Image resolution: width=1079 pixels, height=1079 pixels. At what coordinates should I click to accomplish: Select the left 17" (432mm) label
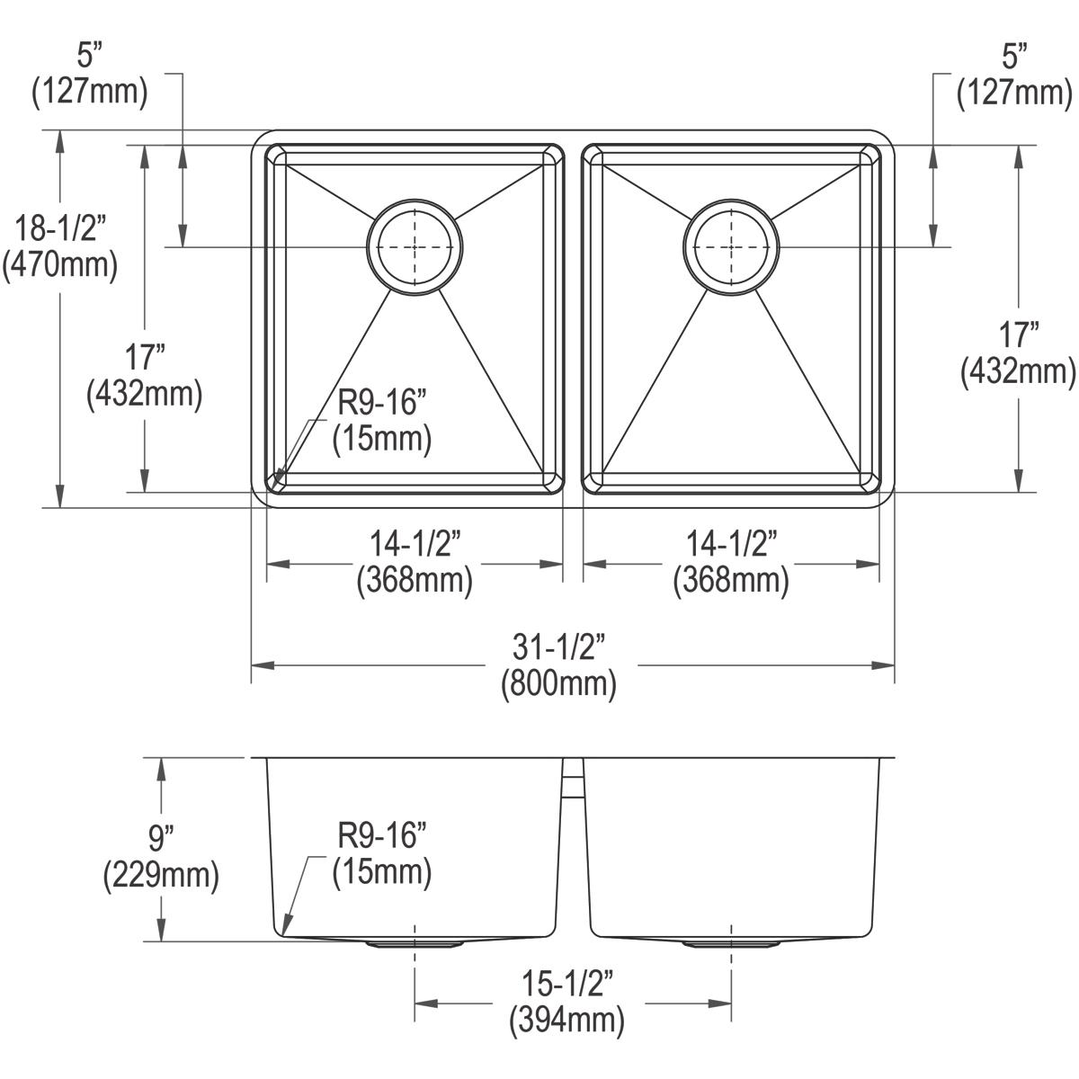click(144, 376)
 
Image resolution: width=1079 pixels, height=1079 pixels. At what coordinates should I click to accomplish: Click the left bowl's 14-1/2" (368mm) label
click(415, 563)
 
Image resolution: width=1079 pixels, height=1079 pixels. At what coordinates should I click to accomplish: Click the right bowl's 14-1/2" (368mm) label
click(731, 563)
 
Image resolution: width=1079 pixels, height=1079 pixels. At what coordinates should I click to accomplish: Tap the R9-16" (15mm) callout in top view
click(382, 420)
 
